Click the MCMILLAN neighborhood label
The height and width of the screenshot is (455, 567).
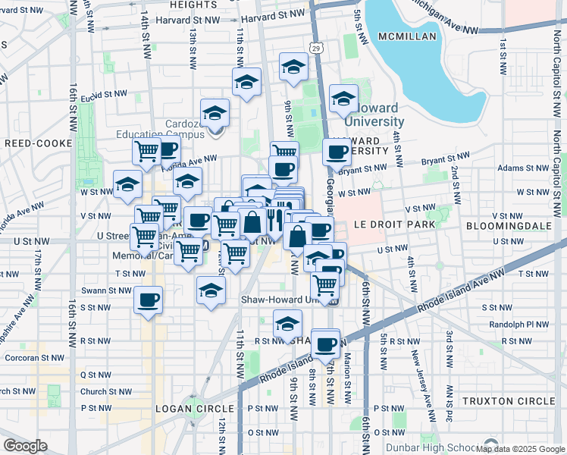click(407, 36)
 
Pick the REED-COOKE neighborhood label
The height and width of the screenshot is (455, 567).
click(37, 143)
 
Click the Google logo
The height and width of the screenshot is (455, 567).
click(25, 445)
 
